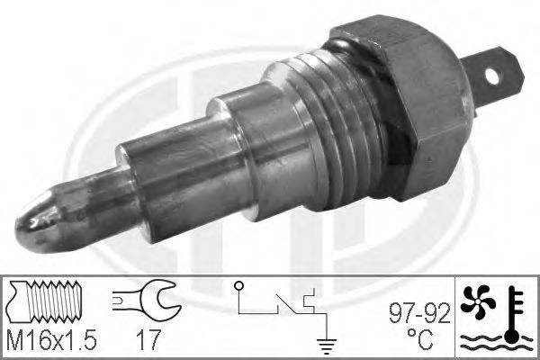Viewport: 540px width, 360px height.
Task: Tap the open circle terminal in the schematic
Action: click(238, 287)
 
